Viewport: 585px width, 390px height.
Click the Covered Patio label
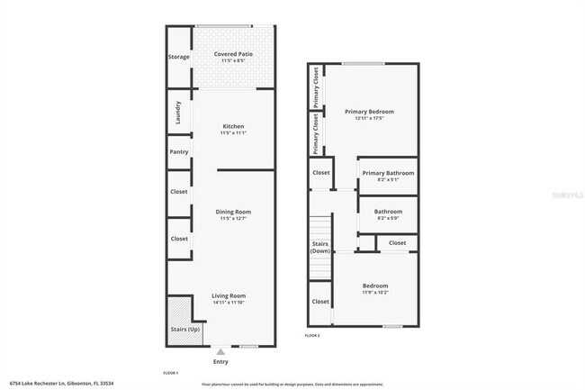coord(232,54)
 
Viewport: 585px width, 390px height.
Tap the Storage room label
coord(178,57)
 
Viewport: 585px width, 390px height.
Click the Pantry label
coord(178,152)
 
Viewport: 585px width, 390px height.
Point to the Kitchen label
coord(232,126)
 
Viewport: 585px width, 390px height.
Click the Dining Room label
coord(232,213)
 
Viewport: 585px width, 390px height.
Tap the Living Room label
coord(229,295)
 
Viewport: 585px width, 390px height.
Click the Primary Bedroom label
coord(370,112)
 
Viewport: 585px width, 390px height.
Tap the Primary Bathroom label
coord(388,172)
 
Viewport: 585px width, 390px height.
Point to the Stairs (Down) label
coord(320,247)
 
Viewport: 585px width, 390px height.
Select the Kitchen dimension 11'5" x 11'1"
coord(232,133)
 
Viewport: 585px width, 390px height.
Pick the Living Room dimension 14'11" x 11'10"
coord(229,303)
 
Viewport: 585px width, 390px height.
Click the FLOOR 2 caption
coord(311,335)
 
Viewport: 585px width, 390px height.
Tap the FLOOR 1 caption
coord(171,372)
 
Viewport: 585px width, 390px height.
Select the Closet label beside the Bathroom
coord(396,243)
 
